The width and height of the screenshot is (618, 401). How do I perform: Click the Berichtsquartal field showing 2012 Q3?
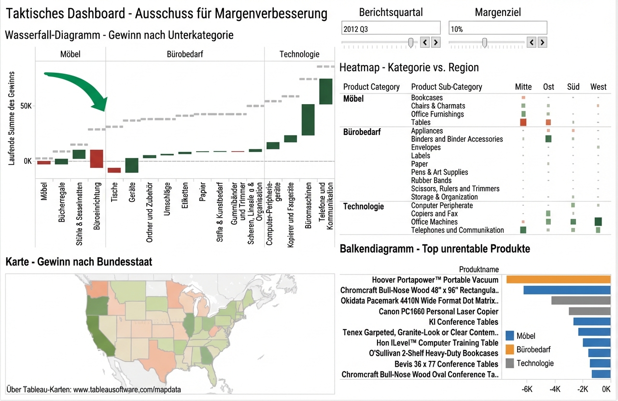[391, 29]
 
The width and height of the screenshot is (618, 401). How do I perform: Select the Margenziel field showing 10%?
[497, 29]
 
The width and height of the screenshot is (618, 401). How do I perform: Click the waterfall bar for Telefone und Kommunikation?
[325, 91]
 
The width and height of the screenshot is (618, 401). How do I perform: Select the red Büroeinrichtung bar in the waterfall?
[97, 159]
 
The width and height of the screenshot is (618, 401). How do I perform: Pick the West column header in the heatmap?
[598, 87]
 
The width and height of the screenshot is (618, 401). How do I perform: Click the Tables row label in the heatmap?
[421, 122]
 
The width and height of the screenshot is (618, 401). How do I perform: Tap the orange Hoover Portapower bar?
[558, 280]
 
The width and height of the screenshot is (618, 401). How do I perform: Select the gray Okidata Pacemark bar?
[581, 300]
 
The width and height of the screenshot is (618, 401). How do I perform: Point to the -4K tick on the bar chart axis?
[555, 389]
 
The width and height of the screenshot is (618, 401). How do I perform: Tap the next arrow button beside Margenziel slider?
[542, 42]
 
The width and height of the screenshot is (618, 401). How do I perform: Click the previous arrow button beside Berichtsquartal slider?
[425, 42]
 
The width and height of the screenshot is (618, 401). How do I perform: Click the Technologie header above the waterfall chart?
[299, 54]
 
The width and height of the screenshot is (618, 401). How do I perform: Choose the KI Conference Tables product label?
[463, 321]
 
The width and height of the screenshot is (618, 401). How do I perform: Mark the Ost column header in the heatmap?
[548, 87]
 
